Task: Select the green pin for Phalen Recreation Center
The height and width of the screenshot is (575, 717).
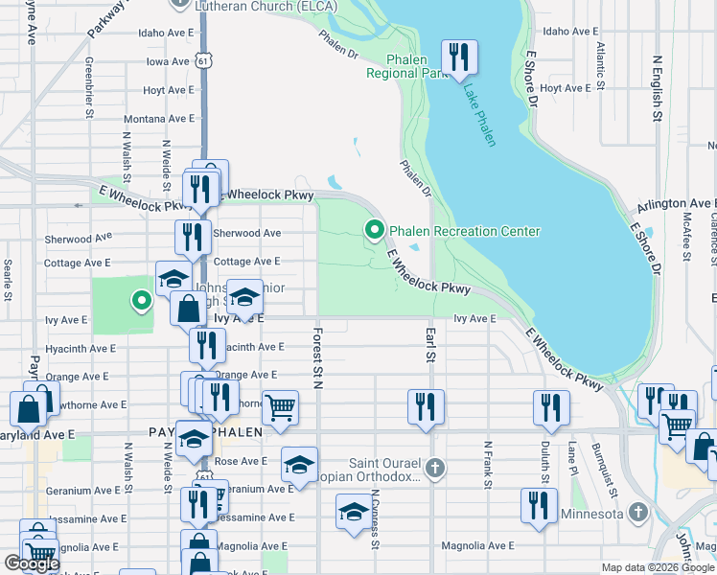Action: (374, 230)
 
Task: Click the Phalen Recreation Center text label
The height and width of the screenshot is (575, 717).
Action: (465, 231)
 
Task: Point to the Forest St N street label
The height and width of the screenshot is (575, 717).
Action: (315, 358)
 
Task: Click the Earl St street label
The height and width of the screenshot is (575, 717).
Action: (430, 344)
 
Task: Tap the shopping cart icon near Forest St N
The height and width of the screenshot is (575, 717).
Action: (280, 406)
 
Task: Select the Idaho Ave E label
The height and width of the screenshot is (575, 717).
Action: (167, 32)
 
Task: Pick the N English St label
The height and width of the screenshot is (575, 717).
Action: (658, 87)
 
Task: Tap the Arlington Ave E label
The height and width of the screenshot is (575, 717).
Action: (676, 203)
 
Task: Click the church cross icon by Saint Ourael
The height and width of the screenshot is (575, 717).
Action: (435, 468)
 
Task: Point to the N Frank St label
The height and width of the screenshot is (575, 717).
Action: (488, 465)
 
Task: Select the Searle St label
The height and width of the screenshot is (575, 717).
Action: (7, 278)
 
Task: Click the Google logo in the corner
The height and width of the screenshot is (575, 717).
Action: (32, 563)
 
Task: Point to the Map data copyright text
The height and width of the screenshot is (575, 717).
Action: (657, 567)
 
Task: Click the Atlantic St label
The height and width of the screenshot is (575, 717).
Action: (600, 64)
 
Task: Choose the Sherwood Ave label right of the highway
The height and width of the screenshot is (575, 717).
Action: (247, 233)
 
